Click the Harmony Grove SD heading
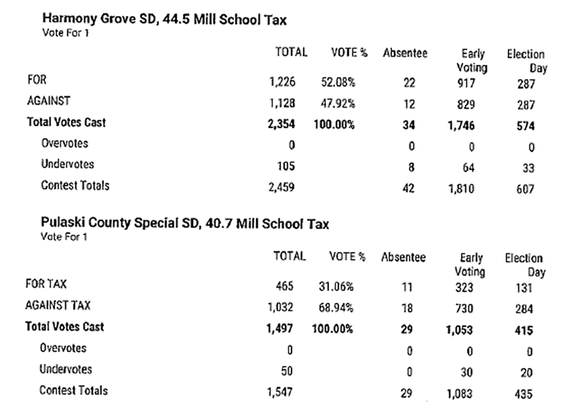(x=164, y=20)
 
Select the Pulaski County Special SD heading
(x=185, y=224)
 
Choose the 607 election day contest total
(x=525, y=190)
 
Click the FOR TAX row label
(x=45, y=283)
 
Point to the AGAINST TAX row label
(x=56, y=305)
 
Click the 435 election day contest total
(x=524, y=394)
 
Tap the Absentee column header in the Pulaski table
(x=403, y=258)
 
